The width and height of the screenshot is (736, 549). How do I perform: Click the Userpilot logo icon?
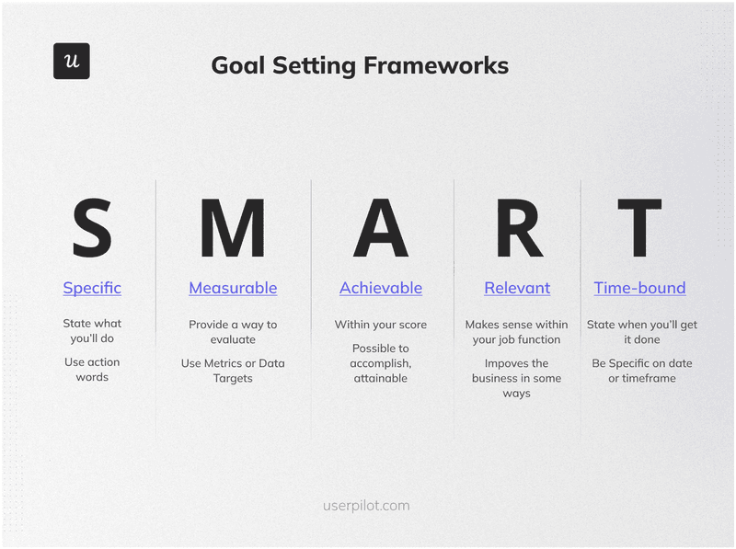71,61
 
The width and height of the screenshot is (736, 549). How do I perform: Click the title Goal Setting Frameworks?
359,65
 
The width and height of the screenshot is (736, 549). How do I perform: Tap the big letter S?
92,229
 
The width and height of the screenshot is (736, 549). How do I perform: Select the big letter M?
233,229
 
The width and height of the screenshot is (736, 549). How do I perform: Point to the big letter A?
380,229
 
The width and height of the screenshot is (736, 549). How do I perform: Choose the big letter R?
518,229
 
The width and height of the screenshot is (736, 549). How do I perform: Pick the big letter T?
639,229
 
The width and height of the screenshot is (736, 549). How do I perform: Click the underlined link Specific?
92,288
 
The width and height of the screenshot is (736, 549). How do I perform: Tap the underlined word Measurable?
233,288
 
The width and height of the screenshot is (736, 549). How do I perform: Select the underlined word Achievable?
381,288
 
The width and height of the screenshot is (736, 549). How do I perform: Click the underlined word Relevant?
517,288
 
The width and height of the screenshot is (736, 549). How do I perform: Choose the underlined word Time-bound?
639,288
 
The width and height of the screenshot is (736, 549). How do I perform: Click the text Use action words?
92,370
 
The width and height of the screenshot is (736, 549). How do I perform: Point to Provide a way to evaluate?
233,332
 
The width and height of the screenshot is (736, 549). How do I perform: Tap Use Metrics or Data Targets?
233,371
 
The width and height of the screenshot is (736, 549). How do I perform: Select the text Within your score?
381,325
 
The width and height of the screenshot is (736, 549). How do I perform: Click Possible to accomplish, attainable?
381,362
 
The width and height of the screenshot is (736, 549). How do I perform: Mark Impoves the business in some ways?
517,378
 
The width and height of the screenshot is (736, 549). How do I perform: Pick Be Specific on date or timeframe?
641,371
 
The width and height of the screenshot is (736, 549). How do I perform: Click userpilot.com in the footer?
366,505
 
